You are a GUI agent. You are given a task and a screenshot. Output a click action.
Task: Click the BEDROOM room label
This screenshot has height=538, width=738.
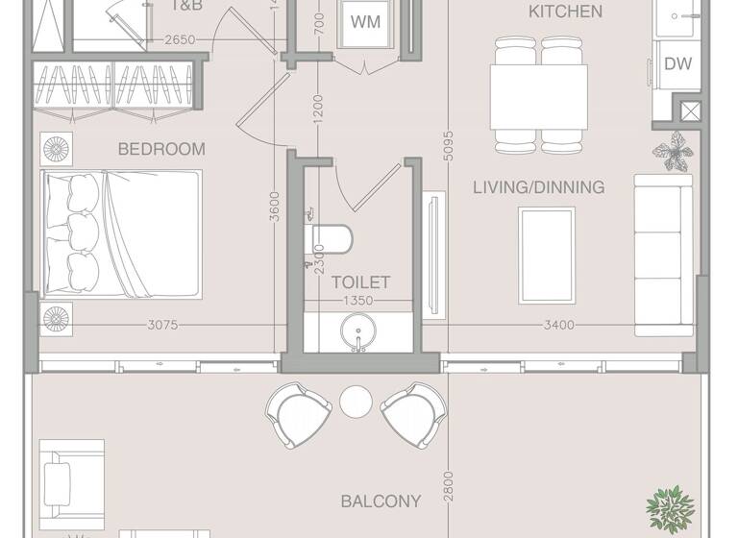(x=161, y=149)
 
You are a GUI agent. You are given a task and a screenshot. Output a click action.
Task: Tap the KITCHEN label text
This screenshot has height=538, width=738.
(x=566, y=12)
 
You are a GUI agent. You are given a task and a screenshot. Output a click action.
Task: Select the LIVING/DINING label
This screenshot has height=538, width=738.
(x=538, y=187)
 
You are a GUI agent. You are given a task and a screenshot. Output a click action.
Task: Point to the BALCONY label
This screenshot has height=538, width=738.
(x=381, y=501)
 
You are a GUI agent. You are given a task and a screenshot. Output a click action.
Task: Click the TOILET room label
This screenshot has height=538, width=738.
(x=360, y=282)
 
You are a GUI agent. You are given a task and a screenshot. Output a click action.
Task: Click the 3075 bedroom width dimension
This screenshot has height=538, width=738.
(x=163, y=325)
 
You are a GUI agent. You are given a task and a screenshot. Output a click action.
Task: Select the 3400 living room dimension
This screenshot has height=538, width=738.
(x=558, y=325)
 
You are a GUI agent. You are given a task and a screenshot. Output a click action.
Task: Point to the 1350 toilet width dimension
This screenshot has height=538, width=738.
(x=359, y=301)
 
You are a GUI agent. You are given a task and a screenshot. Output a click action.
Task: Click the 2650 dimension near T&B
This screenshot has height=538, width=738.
(x=180, y=39)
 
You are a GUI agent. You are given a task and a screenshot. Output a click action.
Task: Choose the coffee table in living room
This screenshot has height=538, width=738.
(x=547, y=255)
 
